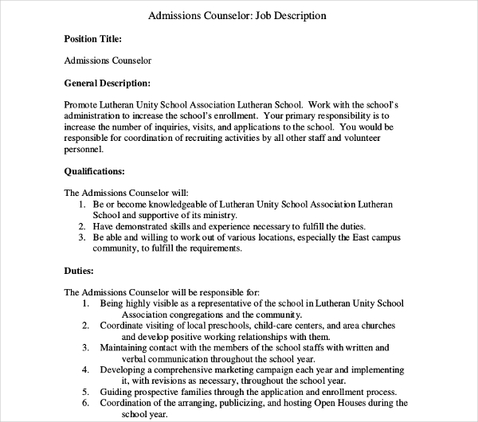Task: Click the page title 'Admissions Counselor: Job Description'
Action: (x=238, y=15)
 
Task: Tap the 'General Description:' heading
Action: (x=106, y=83)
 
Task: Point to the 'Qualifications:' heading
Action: (x=93, y=170)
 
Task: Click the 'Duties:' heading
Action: (x=79, y=270)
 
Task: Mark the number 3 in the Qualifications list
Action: (x=84, y=237)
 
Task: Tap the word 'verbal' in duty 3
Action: (x=115, y=359)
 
